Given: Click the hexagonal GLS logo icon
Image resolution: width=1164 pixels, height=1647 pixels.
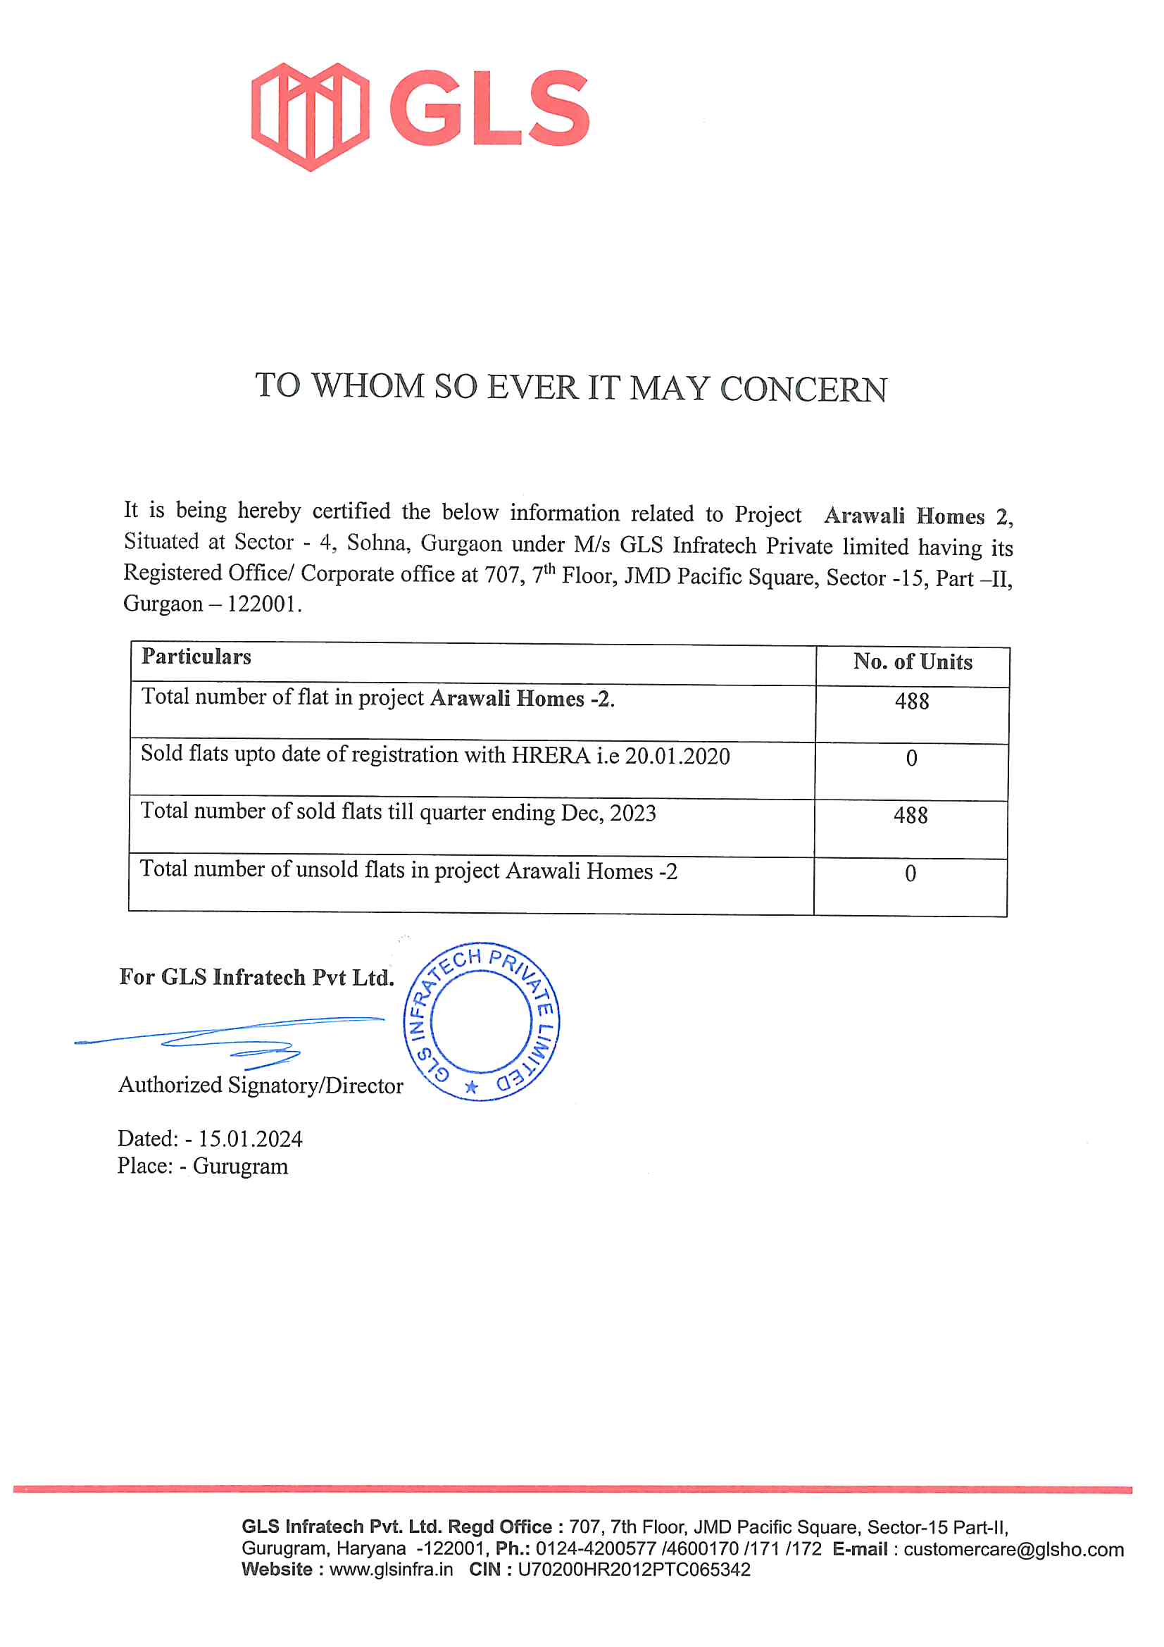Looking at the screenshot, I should pos(310,116).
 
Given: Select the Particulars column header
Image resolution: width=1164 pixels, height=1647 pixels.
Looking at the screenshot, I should pos(196,657).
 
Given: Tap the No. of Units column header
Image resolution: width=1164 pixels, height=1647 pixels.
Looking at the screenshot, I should pos(913,662).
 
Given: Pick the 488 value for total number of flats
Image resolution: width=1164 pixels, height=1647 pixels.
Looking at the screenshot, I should pos(911,702).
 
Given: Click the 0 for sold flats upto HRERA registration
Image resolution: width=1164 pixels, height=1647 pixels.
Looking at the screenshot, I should pos(910,758).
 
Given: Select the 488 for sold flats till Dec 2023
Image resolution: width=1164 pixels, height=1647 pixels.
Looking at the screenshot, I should pos(910,816).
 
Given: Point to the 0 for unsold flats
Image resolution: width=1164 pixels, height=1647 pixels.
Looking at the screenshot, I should pos(910,874).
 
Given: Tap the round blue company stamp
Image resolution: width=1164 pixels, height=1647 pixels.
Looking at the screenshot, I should pos(480,1021).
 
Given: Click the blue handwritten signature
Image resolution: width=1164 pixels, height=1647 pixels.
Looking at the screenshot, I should pos(230,1040).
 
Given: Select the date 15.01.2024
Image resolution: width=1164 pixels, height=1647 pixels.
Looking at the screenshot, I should pos(250,1139).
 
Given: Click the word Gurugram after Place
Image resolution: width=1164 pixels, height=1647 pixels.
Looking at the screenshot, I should pos(240,1167).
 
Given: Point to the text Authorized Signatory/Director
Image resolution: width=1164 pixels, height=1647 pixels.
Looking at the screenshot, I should pos(261,1086).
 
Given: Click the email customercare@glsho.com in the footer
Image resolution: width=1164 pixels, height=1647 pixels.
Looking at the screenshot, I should pos(1013,1550).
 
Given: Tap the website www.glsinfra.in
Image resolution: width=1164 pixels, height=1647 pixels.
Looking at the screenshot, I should pos(391,1570).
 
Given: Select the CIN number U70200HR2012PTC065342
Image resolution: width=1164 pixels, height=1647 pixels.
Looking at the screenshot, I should pos(633,1570).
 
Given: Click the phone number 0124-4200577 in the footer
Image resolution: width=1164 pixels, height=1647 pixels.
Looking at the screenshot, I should pos(595,1550).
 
